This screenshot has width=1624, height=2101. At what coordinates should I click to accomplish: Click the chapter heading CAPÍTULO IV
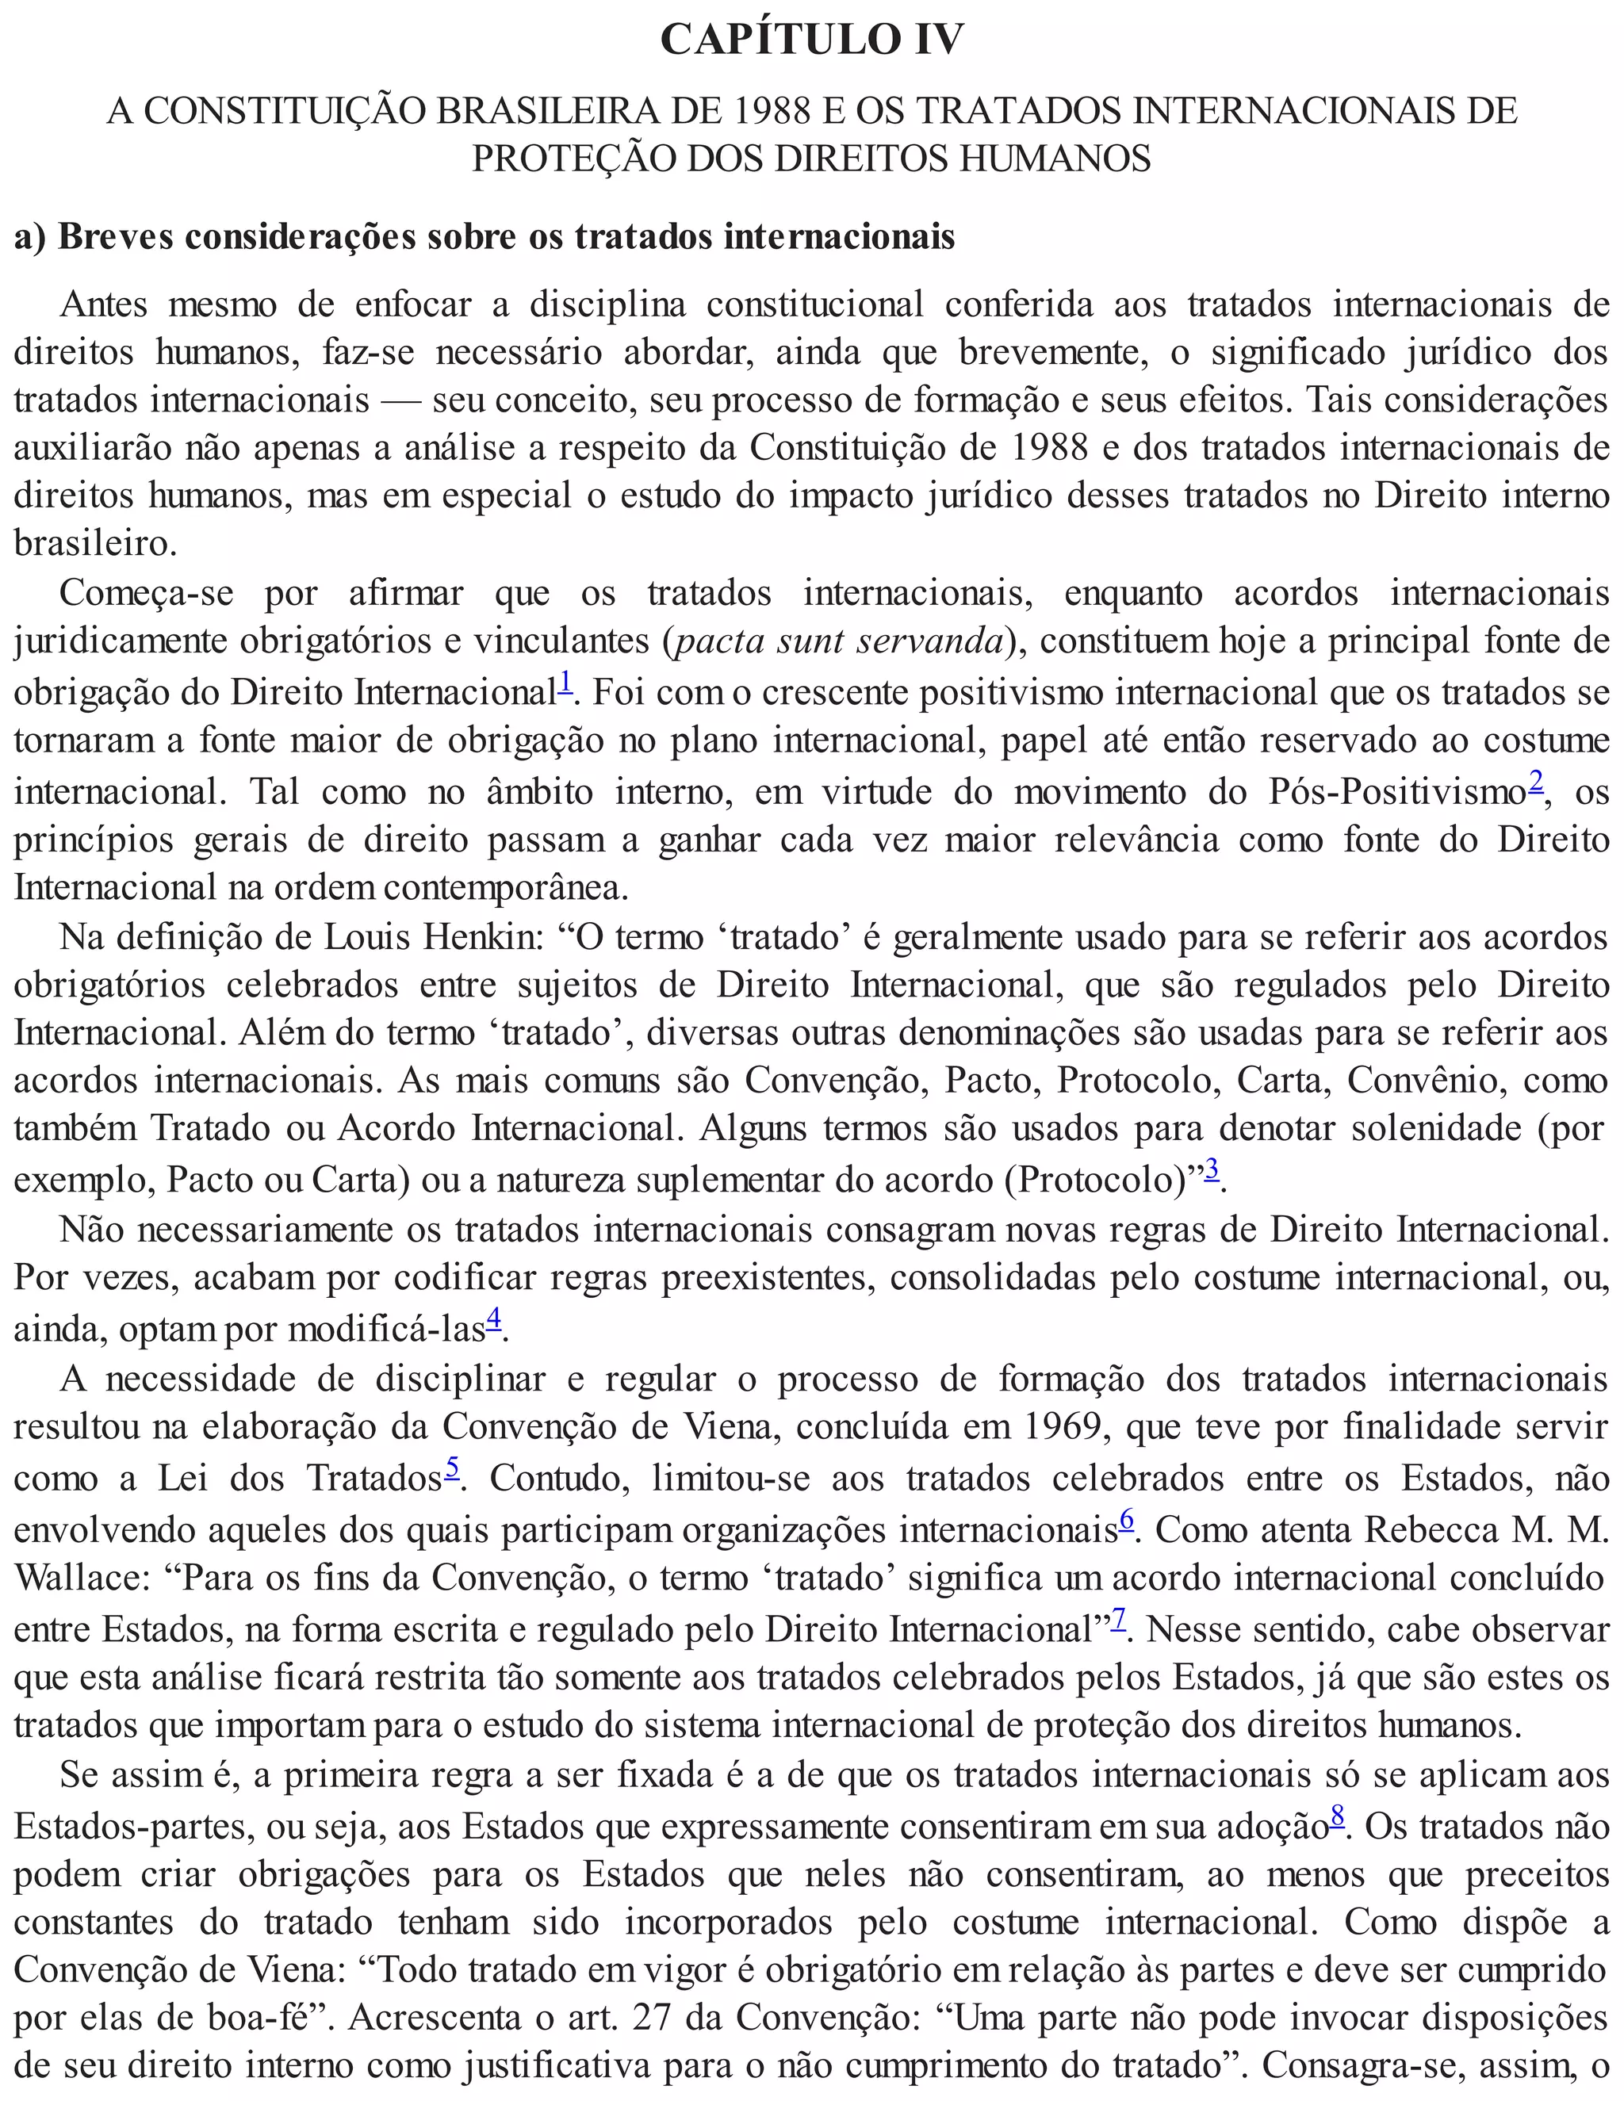pyautogui.click(x=811, y=40)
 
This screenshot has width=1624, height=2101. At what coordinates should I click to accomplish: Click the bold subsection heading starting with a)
pyautogui.click(x=484, y=236)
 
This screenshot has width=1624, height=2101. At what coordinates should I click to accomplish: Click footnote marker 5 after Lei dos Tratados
pyautogui.click(x=452, y=1468)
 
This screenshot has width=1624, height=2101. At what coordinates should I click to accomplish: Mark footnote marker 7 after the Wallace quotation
pyautogui.click(x=1119, y=1619)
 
